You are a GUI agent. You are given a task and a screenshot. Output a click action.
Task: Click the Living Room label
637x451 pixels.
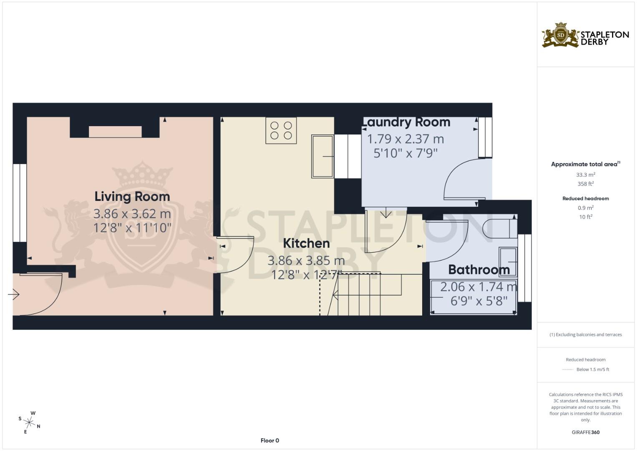click(132, 196)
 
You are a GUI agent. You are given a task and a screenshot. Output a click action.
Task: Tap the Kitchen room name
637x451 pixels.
click(306, 243)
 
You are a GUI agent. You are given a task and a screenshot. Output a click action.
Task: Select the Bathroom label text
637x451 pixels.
click(478, 270)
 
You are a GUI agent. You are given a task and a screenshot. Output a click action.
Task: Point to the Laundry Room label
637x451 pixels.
click(407, 122)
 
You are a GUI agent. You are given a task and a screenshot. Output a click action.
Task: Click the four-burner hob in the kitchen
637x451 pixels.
click(281, 130)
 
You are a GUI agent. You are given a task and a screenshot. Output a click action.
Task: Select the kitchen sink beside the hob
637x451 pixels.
click(322, 156)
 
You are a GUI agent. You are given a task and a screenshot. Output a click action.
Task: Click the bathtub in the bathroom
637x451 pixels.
click(473, 297)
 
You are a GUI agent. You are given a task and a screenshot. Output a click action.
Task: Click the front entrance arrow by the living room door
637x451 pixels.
click(13, 295)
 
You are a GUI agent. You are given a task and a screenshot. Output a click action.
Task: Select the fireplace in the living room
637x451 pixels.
click(115, 132)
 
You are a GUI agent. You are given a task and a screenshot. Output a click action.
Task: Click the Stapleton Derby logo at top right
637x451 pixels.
click(585, 35)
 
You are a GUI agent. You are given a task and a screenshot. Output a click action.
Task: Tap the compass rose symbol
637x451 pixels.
click(29, 422)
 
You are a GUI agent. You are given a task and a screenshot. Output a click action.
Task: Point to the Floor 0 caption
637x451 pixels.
click(269, 441)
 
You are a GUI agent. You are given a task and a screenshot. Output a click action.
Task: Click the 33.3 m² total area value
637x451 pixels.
click(585, 175)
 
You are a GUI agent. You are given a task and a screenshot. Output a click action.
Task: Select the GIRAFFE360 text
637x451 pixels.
click(585, 432)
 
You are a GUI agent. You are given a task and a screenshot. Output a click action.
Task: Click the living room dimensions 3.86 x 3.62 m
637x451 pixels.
click(132, 214)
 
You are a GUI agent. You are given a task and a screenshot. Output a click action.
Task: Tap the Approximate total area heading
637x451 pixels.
click(584, 164)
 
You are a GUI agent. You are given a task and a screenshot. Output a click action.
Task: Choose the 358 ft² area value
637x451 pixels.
click(585, 184)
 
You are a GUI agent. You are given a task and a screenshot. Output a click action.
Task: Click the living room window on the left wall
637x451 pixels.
click(19, 203)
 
